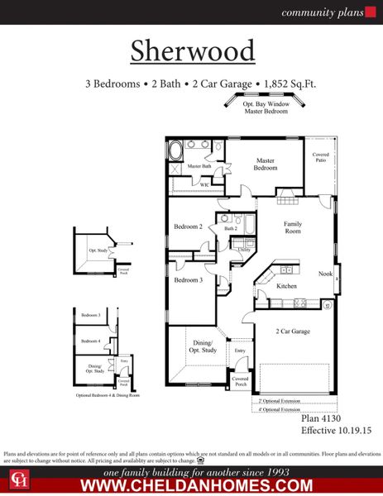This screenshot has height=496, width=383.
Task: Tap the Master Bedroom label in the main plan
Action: pos(265,164)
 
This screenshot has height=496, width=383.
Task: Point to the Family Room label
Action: pos(293,228)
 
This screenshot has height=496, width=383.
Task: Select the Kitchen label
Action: pos(286,286)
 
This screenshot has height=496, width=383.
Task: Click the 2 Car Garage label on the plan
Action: pos(293,331)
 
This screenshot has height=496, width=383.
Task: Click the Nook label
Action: pos(326,274)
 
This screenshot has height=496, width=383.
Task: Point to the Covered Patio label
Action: pos(320,157)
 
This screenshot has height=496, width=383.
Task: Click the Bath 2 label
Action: pos(231,228)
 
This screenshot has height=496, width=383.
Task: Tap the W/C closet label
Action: pos(204,184)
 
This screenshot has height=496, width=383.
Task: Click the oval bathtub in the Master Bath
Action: pos(176,150)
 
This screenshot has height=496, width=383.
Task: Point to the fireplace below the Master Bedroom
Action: pos(285,195)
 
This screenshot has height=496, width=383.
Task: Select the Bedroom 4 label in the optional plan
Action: pos(90,341)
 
